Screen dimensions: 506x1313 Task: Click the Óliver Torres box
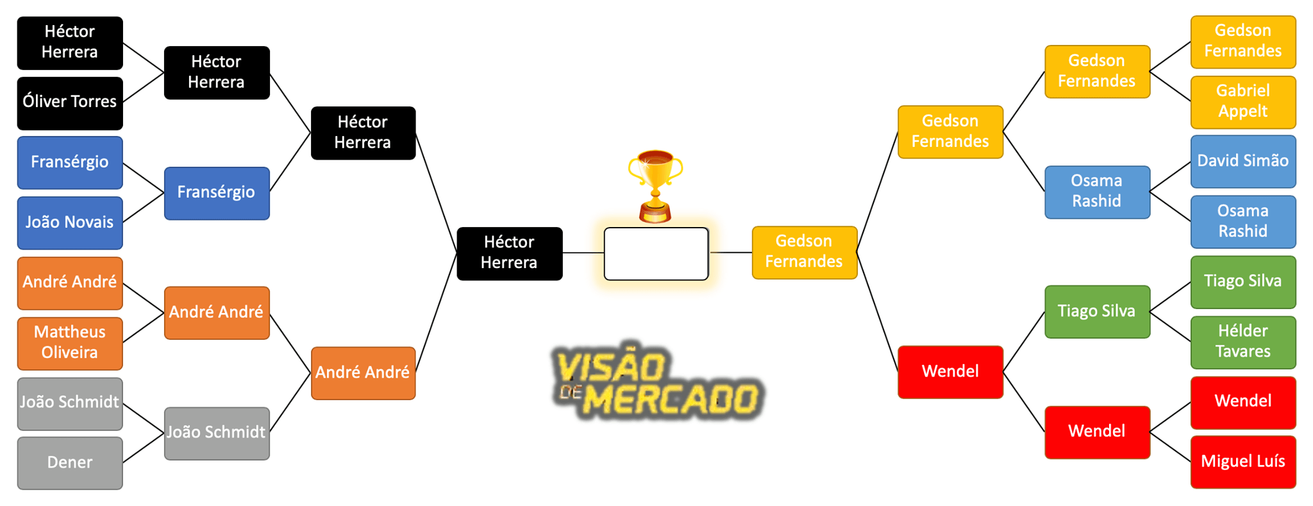tap(69, 103)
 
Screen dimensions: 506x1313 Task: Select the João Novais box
tap(69, 223)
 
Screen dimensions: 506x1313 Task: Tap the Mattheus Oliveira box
tap(69, 342)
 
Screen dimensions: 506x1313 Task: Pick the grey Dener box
tap(69, 462)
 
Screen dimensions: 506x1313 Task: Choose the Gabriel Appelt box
tap(1242, 102)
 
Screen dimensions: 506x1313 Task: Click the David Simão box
tap(1242, 161)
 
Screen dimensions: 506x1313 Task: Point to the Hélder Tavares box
tap(1242, 342)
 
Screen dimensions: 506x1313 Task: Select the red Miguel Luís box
tap(1242, 462)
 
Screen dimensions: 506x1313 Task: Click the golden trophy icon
tap(655, 185)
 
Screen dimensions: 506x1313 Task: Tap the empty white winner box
tap(656, 254)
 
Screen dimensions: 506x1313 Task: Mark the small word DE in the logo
tap(569, 392)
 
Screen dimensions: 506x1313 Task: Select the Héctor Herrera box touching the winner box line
tap(509, 253)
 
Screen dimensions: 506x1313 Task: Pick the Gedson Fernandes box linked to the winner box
tap(804, 252)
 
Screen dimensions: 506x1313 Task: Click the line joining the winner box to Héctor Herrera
tap(583, 253)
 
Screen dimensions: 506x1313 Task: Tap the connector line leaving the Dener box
tap(143, 448)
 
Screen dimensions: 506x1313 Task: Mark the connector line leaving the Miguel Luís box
tap(1171, 447)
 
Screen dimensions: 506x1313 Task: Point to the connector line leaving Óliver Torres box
tap(143, 87)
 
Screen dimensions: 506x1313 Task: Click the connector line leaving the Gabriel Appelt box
tap(1171, 87)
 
